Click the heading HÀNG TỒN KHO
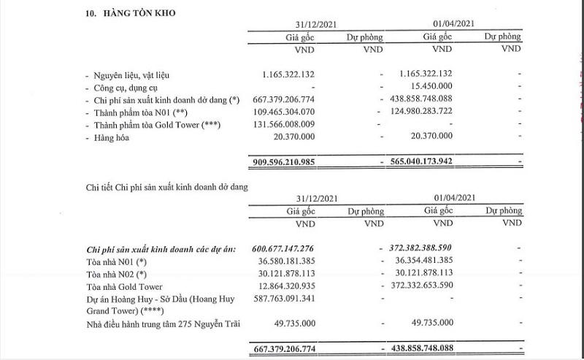pos(137,12)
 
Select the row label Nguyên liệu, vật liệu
pos(137,74)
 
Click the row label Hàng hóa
pos(113,137)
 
